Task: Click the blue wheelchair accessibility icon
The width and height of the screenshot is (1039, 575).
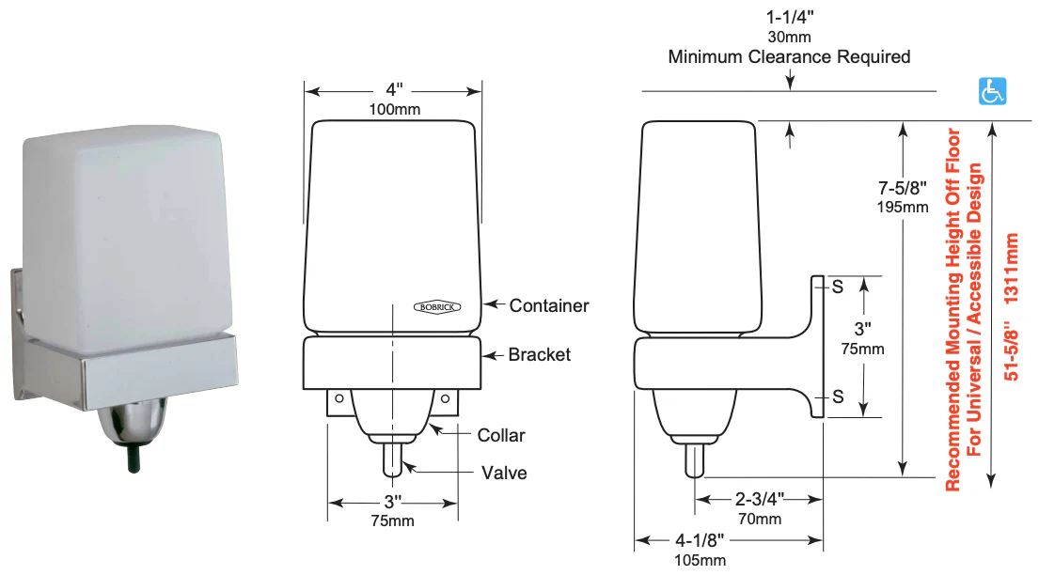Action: click(992, 91)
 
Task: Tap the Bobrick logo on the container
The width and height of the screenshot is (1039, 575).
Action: click(438, 305)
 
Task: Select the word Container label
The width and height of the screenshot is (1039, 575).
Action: click(549, 305)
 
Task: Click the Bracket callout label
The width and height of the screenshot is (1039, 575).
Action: click(539, 354)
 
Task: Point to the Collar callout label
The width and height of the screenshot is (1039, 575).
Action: click(501, 435)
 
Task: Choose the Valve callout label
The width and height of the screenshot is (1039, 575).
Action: click(504, 473)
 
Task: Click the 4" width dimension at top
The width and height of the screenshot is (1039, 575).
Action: click(393, 90)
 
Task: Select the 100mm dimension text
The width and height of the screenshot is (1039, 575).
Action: click(393, 109)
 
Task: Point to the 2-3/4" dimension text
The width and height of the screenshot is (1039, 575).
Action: click(759, 497)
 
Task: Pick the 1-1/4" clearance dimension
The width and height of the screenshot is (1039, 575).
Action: click(790, 18)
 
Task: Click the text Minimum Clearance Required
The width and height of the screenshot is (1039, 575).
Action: click(790, 57)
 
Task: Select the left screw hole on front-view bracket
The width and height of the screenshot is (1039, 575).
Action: click(338, 398)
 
